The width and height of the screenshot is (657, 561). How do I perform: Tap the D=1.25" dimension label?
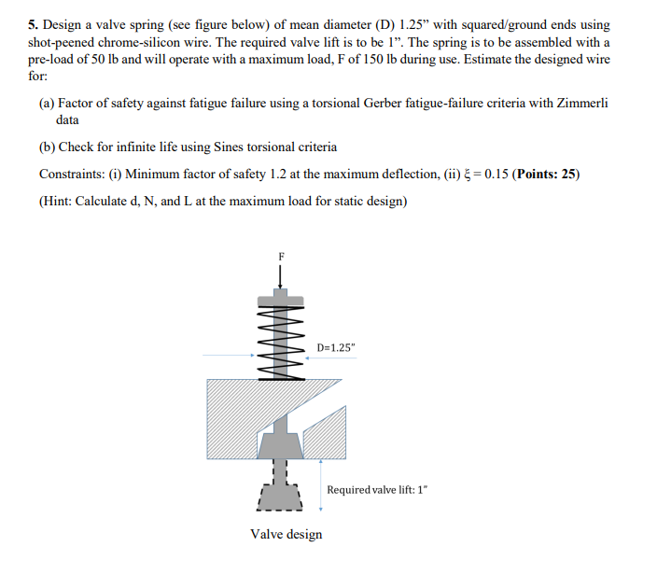click(x=336, y=348)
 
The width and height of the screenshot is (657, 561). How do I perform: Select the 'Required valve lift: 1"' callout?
click(x=377, y=490)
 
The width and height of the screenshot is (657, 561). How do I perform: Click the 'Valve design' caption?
click(x=286, y=535)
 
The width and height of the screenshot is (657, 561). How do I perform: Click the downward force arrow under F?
click(x=280, y=274)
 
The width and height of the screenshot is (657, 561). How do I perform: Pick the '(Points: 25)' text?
click(x=548, y=175)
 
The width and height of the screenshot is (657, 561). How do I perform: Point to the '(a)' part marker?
click(x=47, y=104)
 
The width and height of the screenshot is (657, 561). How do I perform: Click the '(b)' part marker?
click(x=47, y=147)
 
